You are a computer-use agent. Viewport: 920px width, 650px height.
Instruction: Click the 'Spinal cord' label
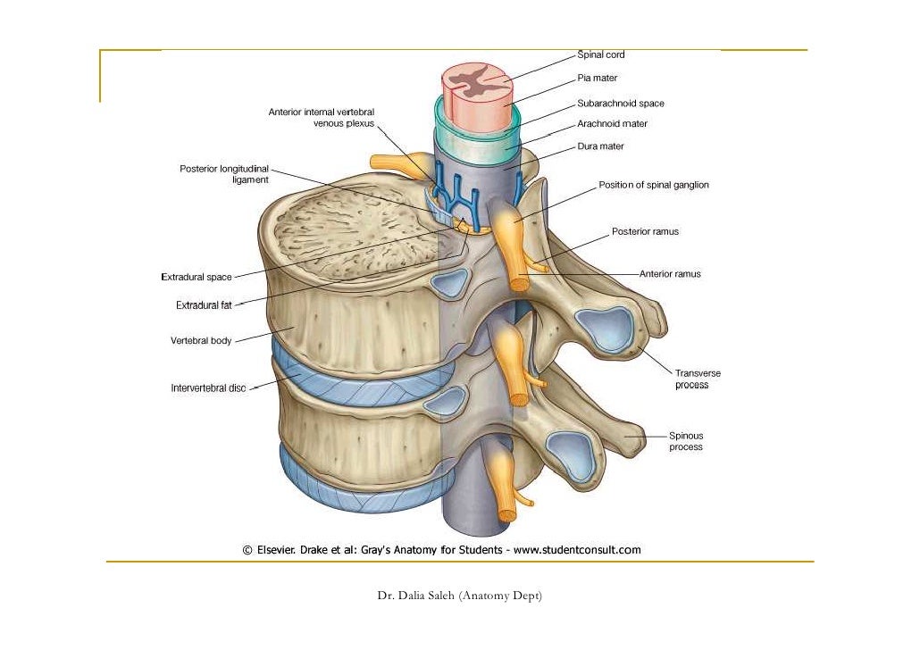(x=601, y=54)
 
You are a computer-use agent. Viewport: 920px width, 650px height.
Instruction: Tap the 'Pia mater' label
(x=597, y=79)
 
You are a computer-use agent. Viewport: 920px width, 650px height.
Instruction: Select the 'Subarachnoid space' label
(x=620, y=104)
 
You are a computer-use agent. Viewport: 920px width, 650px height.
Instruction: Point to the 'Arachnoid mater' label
(x=612, y=124)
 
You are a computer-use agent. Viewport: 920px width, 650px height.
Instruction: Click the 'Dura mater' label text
(x=600, y=146)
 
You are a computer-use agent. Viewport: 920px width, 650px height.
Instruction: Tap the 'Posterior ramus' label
(x=645, y=232)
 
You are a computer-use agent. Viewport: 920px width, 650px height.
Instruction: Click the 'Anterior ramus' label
(x=670, y=274)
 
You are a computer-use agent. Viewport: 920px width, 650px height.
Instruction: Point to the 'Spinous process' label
(x=686, y=441)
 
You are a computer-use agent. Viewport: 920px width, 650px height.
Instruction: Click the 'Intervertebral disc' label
(x=208, y=388)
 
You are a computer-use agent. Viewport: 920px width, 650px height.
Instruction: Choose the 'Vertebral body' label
(x=201, y=341)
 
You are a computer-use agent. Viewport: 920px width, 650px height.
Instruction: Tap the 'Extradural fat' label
(x=204, y=305)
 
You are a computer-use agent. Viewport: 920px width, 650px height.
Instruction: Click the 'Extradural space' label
(x=197, y=277)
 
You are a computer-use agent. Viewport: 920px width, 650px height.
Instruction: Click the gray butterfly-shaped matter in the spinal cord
(x=476, y=81)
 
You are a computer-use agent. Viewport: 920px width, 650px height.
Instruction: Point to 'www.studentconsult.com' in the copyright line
(x=577, y=550)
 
